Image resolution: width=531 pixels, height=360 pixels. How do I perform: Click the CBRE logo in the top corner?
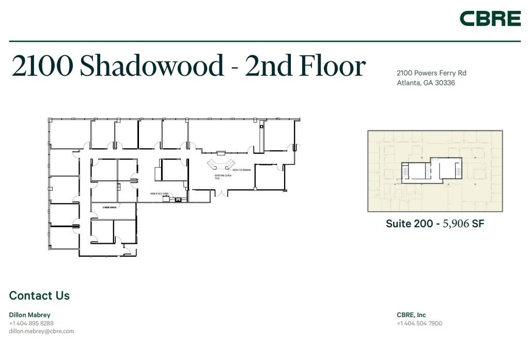[490, 19]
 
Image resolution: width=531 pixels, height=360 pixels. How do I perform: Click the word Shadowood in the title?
[152, 67]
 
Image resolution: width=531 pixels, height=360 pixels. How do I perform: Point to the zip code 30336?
[445, 83]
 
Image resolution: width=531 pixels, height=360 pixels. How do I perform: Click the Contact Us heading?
[39, 296]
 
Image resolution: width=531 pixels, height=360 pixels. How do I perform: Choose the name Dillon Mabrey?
[30, 315]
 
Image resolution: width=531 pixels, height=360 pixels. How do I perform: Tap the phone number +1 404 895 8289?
[32, 323]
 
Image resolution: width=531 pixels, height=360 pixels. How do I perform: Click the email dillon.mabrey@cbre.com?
[42, 331]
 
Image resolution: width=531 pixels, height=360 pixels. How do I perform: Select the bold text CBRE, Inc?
[411, 315]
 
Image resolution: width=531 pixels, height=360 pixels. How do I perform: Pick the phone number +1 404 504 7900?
[419, 323]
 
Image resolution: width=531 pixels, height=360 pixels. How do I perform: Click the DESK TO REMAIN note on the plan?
[241, 170]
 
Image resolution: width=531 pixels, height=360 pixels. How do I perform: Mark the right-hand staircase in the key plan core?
[458, 168]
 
